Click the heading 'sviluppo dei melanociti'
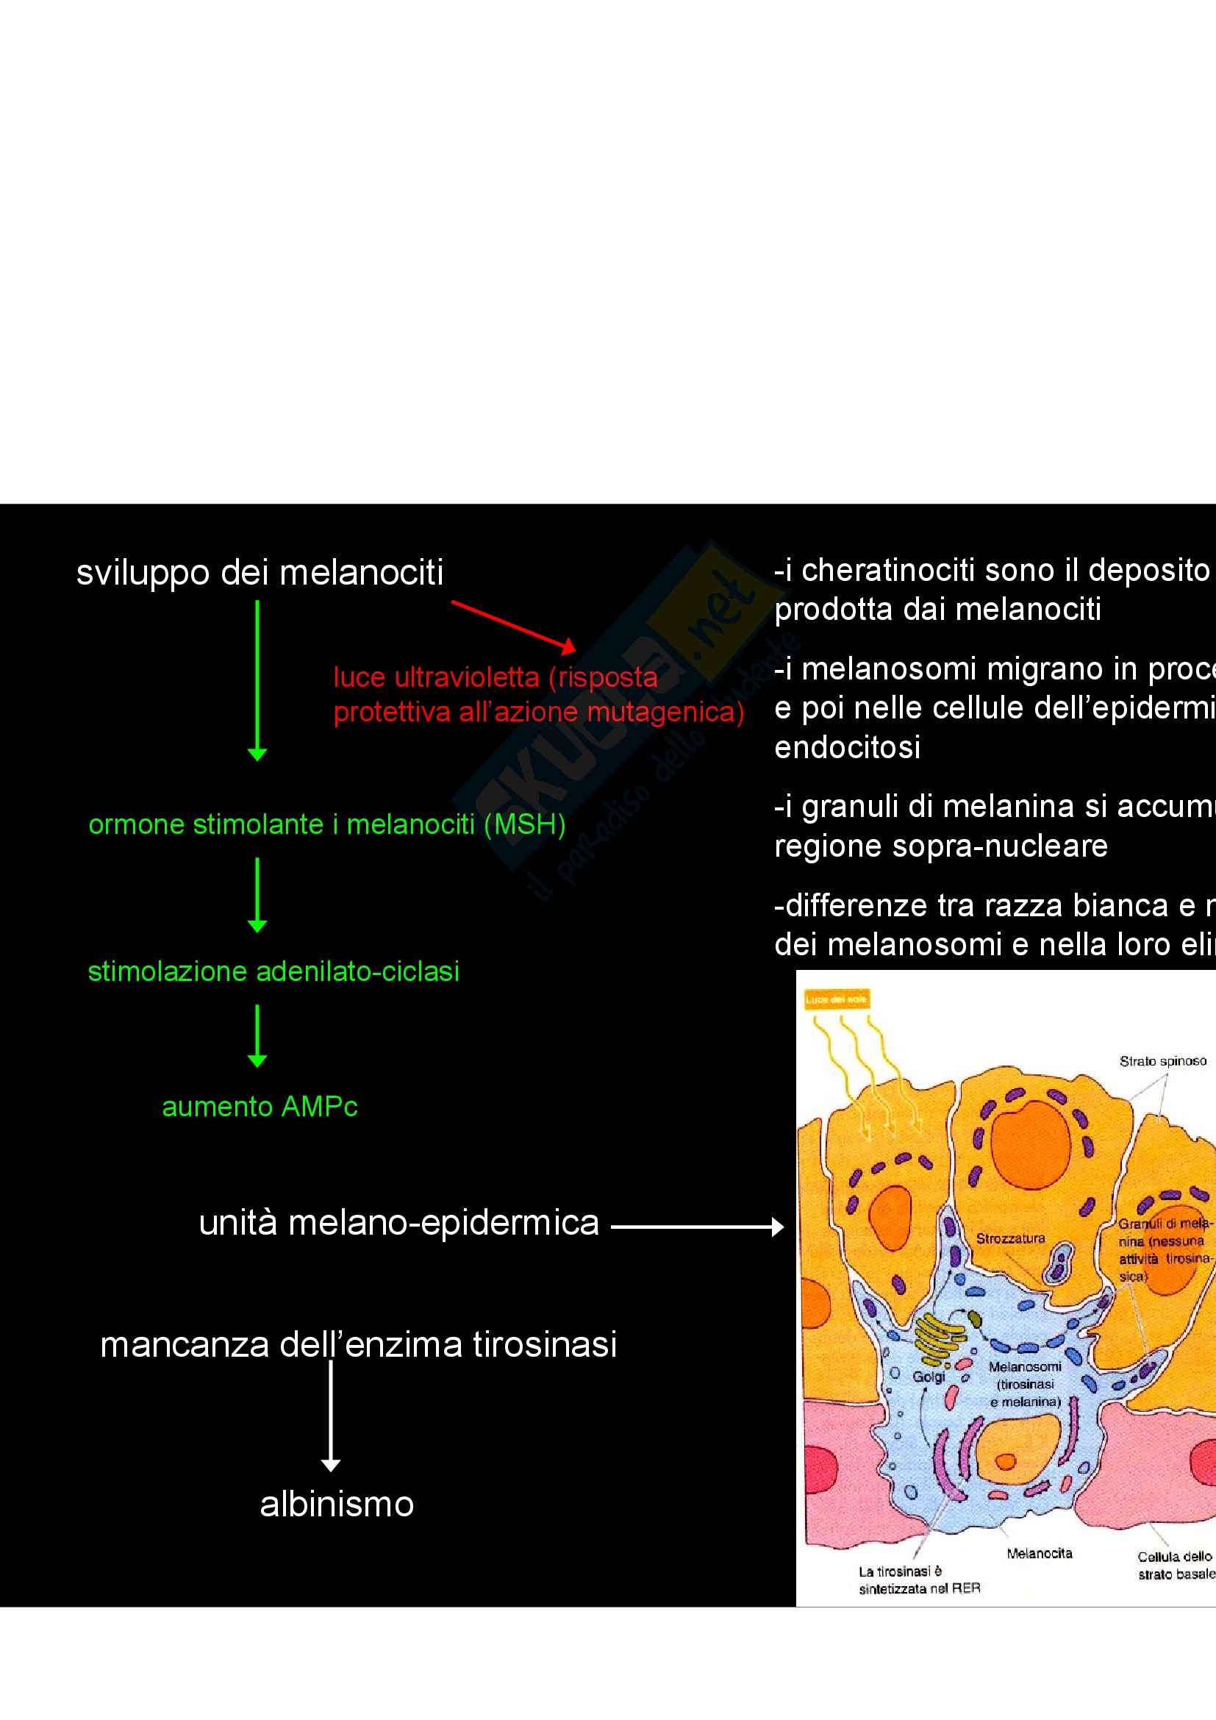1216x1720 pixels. coord(260,573)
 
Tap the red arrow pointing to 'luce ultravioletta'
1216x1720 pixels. coord(514,625)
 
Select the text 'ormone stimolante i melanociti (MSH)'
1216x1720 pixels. coord(326,825)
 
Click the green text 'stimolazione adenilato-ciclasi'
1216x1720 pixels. coord(273,971)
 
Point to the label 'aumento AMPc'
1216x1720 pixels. coord(260,1107)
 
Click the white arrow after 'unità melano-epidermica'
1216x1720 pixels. coord(697,1227)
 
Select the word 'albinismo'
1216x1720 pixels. coord(337,1505)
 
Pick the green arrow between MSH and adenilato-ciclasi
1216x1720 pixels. coord(257,895)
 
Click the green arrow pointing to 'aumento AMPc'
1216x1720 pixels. coord(257,1036)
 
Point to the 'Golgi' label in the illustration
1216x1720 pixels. coord(929,1377)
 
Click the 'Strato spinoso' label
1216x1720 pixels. coord(1163,1061)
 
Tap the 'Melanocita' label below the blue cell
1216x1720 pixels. coord(1040,1554)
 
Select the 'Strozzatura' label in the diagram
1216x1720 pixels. coord(1010,1238)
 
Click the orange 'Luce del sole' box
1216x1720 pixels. coord(836,999)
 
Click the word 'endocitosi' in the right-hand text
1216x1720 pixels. coord(848,748)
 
